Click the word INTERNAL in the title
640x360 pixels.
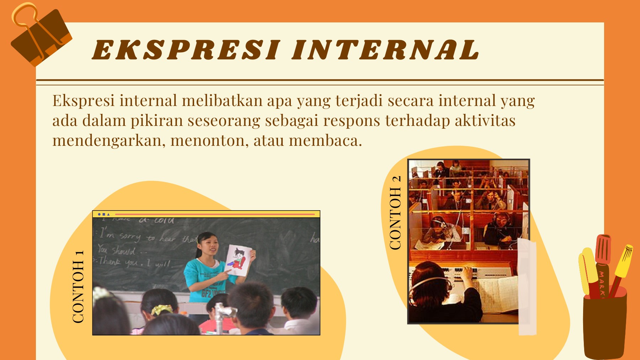(x=385, y=50)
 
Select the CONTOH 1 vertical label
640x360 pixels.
(x=78, y=286)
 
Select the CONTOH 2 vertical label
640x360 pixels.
(x=395, y=212)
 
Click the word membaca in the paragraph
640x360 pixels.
(x=325, y=141)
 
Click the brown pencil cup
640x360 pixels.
(x=604, y=325)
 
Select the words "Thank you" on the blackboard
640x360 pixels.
(x=117, y=262)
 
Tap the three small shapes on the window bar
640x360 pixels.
(x=104, y=214)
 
